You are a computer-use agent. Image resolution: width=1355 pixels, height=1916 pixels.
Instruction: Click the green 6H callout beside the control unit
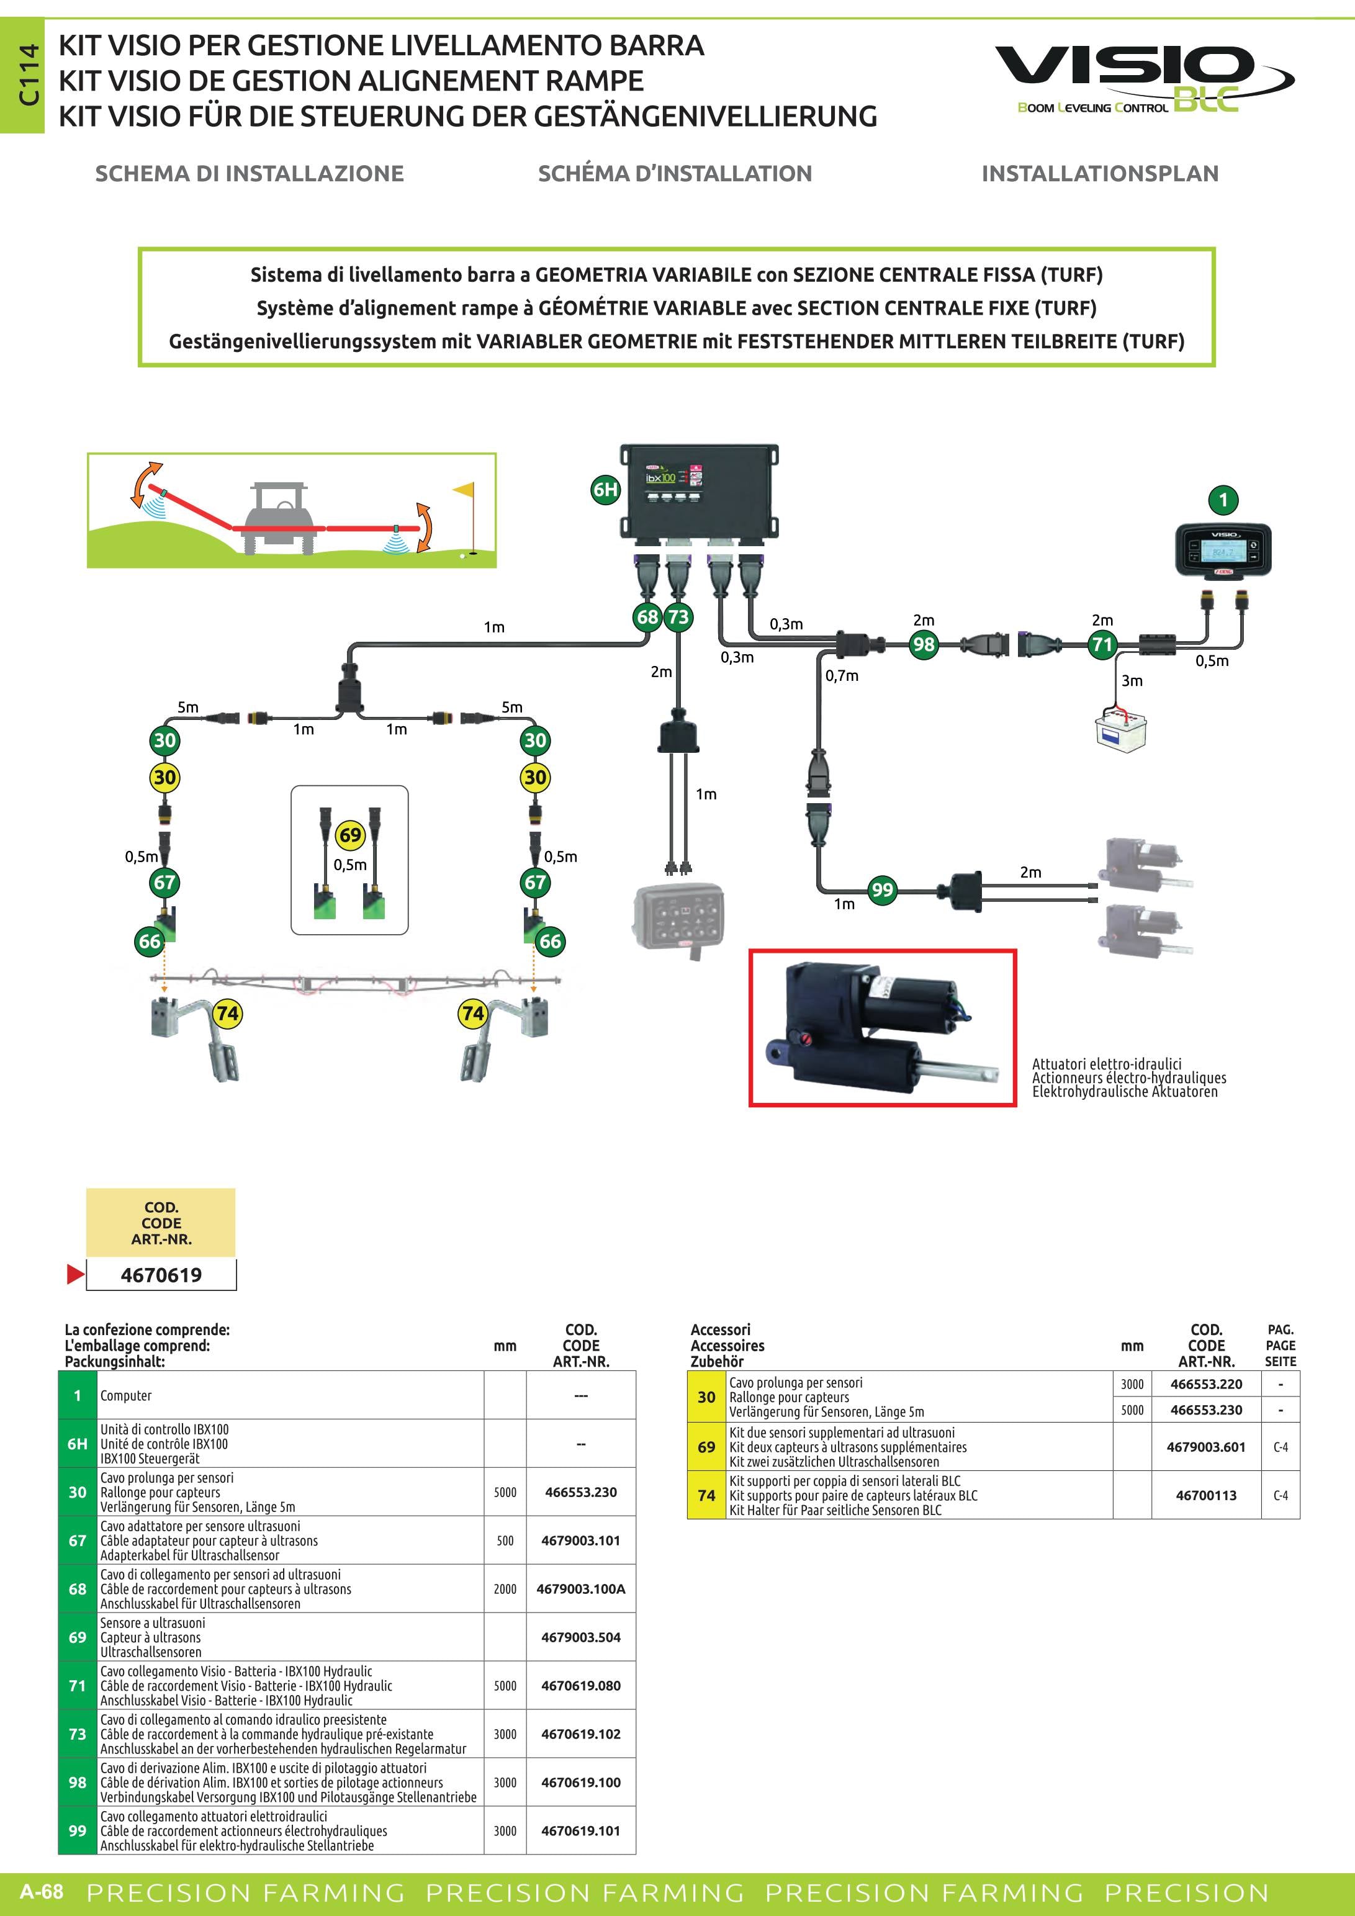tap(606, 490)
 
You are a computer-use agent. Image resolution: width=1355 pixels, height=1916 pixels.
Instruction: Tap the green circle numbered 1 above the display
tap(1223, 500)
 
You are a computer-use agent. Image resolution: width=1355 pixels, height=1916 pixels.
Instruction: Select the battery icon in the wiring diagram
tap(1120, 729)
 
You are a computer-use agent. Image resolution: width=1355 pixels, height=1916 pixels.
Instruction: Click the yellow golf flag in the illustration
tap(463, 492)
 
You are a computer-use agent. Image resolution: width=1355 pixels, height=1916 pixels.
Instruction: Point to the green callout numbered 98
tap(924, 644)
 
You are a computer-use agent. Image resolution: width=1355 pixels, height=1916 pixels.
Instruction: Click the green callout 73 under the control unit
tap(678, 617)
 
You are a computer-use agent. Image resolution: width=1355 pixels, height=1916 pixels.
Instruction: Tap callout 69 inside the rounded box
tap(351, 835)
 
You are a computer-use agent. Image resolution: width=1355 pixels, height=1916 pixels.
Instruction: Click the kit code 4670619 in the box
tap(161, 1274)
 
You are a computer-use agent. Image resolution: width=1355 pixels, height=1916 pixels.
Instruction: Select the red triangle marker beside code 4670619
tap(75, 1274)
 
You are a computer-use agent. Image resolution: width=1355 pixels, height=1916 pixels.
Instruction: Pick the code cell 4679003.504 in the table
tap(581, 1637)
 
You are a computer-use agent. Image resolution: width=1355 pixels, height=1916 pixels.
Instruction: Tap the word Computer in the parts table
tap(126, 1395)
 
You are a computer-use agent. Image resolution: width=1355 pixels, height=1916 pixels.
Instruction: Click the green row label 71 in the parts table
tap(78, 1685)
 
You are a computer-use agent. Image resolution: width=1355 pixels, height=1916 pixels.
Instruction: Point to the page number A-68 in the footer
tap(42, 1891)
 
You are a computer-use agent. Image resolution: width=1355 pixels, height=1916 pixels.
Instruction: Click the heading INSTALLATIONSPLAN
tap(1100, 174)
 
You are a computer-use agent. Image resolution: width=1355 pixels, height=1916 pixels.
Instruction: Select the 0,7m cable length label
tap(842, 675)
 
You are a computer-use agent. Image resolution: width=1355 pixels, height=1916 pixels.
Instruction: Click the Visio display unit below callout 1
tap(1223, 550)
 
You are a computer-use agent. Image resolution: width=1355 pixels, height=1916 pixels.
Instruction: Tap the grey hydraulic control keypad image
tap(679, 918)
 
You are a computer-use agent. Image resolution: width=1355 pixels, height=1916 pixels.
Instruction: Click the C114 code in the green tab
tap(29, 75)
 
